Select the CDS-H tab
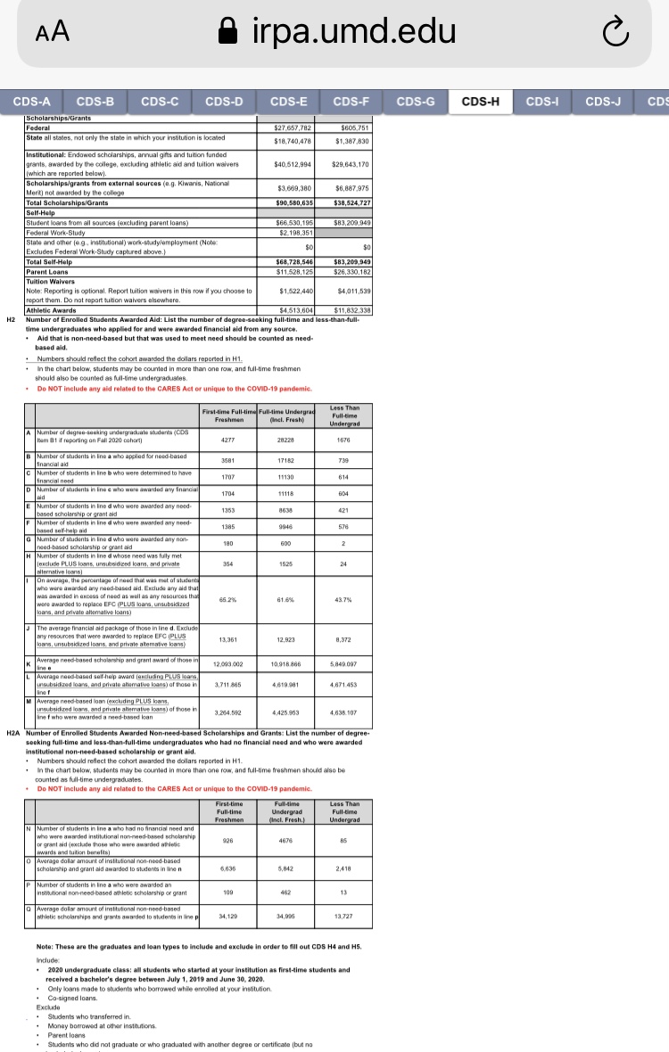pos(481,102)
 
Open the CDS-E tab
pos(288,102)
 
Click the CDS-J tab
pos(604,102)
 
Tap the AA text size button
pos(54,32)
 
